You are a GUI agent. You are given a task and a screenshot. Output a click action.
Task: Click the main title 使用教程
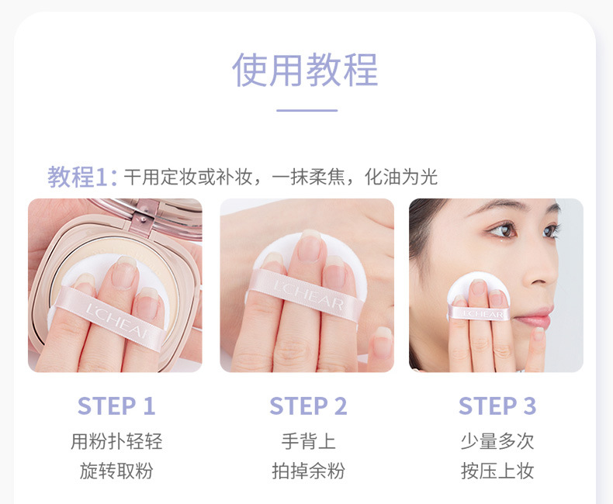tap(305, 70)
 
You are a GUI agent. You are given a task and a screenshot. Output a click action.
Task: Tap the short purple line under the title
tap(307, 111)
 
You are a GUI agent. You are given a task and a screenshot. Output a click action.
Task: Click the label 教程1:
tap(82, 177)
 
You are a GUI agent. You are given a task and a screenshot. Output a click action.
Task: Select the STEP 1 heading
tap(116, 406)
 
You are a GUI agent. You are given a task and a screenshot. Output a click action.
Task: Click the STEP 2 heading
tap(308, 406)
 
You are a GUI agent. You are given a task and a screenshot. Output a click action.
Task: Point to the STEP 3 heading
tap(497, 406)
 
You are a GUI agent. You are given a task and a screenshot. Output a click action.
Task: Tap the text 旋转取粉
tap(116, 471)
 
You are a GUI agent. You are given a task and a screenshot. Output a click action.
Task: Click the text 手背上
tap(309, 441)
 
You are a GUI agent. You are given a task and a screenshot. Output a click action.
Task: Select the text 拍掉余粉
tap(309, 471)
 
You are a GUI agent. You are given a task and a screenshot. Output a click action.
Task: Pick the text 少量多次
tap(497, 441)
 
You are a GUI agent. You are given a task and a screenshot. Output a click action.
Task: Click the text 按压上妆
tap(497, 471)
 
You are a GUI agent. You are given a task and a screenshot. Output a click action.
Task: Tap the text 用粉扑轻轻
tap(116, 441)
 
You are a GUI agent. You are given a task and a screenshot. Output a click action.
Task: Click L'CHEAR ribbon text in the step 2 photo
tap(309, 295)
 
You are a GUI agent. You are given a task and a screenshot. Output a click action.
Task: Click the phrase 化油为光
tap(400, 177)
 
